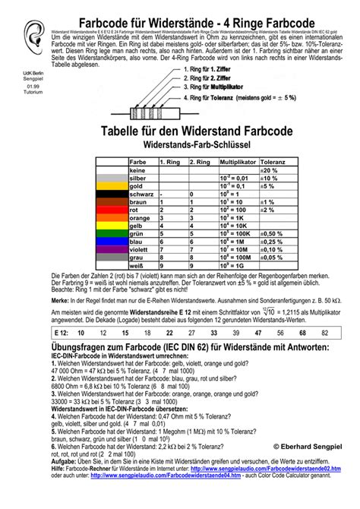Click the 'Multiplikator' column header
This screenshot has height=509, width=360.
238,163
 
